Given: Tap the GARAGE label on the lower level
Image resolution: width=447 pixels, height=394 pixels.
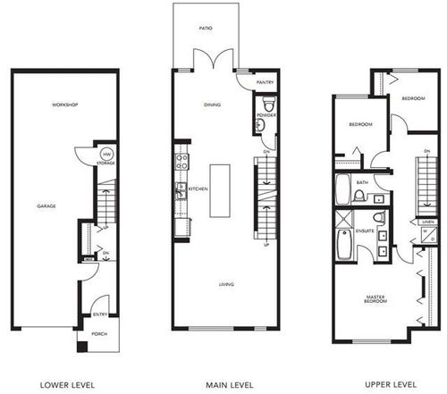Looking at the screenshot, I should coord(46,206).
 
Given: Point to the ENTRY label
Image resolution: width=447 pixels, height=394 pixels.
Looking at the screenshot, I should coord(101,314).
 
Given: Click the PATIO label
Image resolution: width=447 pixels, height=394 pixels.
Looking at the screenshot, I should coord(206,29).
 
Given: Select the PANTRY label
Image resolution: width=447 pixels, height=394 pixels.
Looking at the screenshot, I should coord(265,82).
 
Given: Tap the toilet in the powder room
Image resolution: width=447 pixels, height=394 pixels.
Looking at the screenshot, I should coord(262,127).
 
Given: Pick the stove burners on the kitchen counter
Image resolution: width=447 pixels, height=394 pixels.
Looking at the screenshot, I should coord(180,163).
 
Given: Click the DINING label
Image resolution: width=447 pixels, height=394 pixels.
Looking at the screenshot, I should coord(212,105).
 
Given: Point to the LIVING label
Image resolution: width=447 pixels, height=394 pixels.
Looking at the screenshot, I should coord(227,285).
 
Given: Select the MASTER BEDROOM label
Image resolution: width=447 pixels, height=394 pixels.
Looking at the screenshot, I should coord(375,301).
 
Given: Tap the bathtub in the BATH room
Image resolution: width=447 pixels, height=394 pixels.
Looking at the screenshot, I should coord(342,189).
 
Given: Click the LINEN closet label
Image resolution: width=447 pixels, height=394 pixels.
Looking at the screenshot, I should coord(428,221).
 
